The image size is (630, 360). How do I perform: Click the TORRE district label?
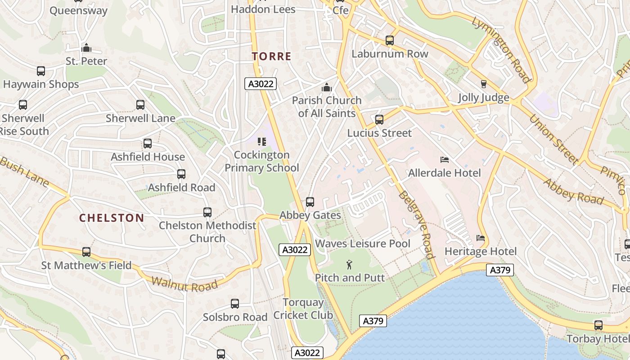pyautogui.click(x=271, y=56)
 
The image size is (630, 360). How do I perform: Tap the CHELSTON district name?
pyautogui.click(x=112, y=218)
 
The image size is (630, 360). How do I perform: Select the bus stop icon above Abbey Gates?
pyautogui.click(x=310, y=202)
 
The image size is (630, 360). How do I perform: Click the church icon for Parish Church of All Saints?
pyautogui.click(x=326, y=87)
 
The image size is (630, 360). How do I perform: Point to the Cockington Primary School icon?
pyautogui.click(x=261, y=142)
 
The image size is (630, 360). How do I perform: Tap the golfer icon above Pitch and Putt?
pyautogui.click(x=349, y=265)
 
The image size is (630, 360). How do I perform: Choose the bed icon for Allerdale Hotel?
pyautogui.click(x=444, y=160)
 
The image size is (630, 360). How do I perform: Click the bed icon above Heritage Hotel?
pyautogui.click(x=480, y=238)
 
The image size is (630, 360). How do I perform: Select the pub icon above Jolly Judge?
pyautogui.click(x=483, y=84)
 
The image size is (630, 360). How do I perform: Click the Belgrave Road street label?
pyautogui.click(x=416, y=225)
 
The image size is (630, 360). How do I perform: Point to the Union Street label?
pyautogui.click(x=553, y=139)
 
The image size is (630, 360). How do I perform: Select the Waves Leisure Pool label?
pyautogui.click(x=362, y=244)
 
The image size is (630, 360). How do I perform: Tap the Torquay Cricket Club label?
pyautogui.click(x=303, y=309)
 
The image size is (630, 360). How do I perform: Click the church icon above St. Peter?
pyautogui.click(x=86, y=48)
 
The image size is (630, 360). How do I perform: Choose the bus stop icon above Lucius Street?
pyautogui.click(x=379, y=120)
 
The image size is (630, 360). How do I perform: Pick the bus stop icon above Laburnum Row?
pyautogui.click(x=390, y=40)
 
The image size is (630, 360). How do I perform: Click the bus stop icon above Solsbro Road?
pyautogui.click(x=235, y=304)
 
